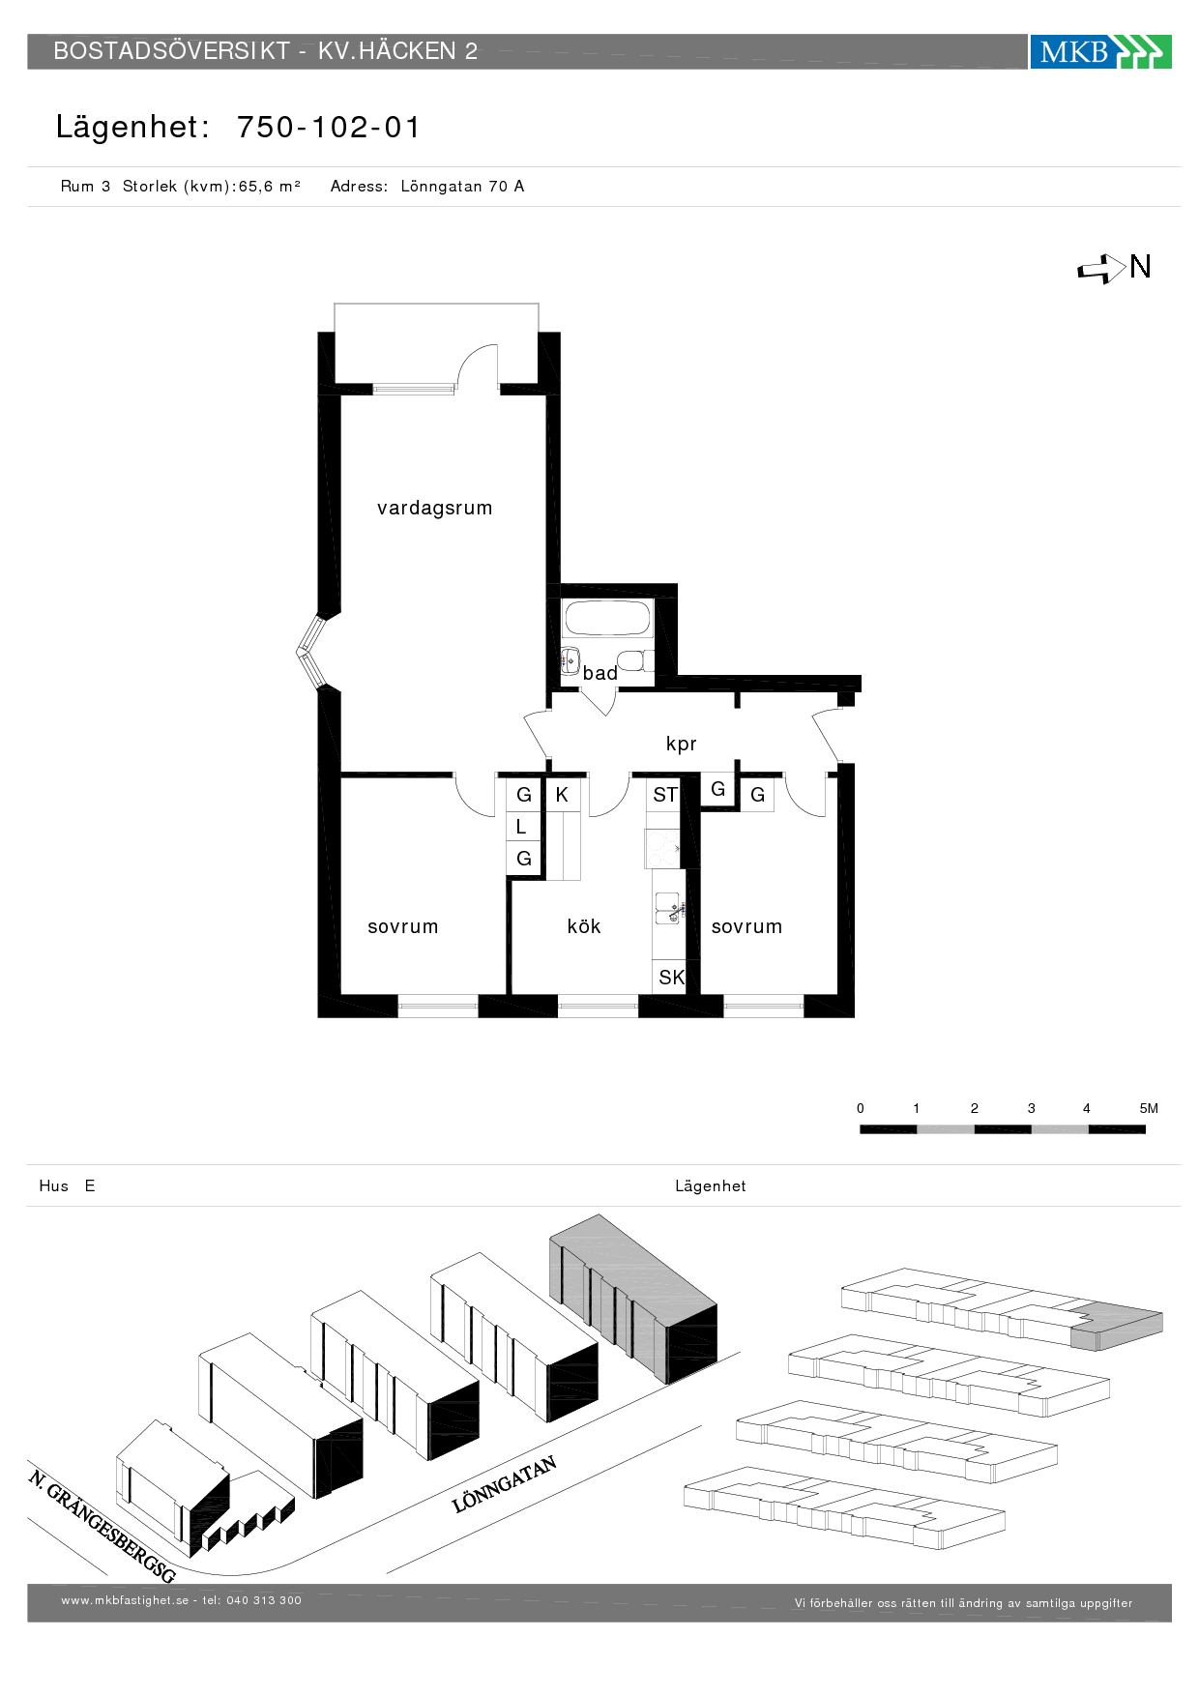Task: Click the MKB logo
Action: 1100,51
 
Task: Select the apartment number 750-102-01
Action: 329,128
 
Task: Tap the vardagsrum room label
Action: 435,508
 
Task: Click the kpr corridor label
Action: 682,744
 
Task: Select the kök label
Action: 584,926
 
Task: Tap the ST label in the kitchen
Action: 665,795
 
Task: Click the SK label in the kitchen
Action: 671,978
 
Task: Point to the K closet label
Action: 562,795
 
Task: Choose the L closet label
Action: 521,827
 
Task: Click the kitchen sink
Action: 669,908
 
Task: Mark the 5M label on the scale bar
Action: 1149,1108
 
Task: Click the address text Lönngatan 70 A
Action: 462,187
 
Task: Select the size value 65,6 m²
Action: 270,187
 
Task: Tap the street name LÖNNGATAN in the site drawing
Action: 505,1484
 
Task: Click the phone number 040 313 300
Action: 264,1600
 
